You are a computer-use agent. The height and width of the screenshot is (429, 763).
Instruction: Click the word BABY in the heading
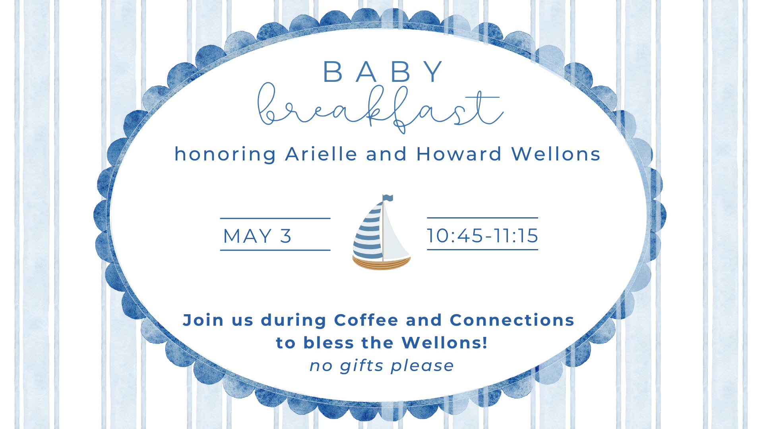click(x=383, y=72)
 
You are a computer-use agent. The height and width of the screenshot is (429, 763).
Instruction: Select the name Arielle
click(x=321, y=154)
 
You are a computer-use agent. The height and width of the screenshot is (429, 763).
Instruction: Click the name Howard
click(x=459, y=154)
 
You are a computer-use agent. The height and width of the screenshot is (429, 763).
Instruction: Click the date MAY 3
click(x=257, y=236)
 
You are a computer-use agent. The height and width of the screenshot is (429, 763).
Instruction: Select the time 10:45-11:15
click(x=482, y=236)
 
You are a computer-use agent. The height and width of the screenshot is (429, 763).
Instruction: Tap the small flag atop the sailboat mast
click(x=388, y=198)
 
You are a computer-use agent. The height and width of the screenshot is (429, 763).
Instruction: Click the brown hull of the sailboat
click(x=381, y=263)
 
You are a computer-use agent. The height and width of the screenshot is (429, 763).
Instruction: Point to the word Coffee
click(x=366, y=320)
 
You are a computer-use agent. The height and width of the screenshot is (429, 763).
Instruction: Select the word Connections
click(x=512, y=320)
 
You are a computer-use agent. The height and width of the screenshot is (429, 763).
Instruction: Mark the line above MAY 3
click(x=275, y=218)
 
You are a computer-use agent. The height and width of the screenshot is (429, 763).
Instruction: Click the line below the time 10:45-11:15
click(x=482, y=249)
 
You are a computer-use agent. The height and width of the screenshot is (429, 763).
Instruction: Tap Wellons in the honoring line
click(x=556, y=154)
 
